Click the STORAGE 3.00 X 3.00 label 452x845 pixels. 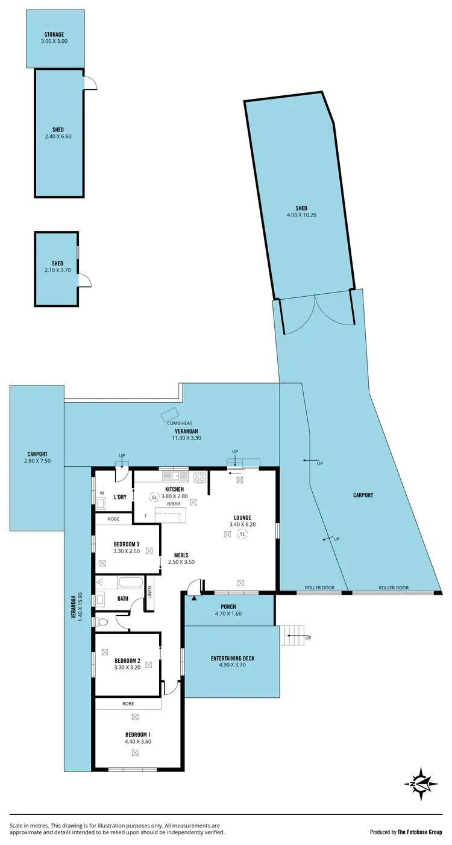click(x=54, y=39)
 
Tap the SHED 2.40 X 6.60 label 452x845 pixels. click(x=58, y=133)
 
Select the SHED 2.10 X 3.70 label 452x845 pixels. click(x=57, y=267)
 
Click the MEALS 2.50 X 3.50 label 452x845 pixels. click(x=184, y=559)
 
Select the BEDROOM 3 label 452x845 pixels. click(x=127, y=547)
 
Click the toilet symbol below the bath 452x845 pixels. click(x=103, y=621)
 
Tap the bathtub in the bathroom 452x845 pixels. click(x=130, y=583)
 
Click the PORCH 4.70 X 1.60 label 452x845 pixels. click(x=228, y=610)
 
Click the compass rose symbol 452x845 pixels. click(x=421, y=784)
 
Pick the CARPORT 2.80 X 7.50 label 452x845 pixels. click(x=37, y=458)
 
